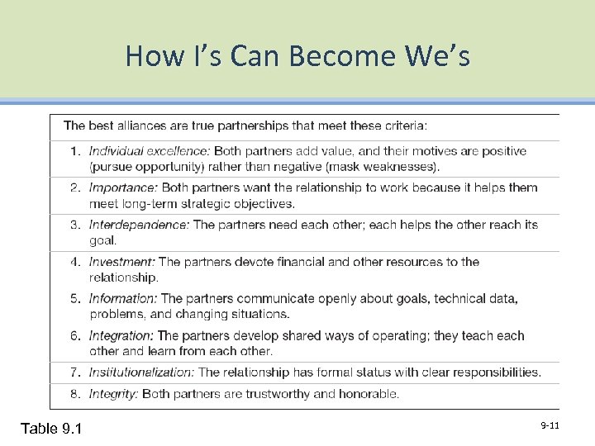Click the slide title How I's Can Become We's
coord(297,56)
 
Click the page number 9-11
coord(550,425)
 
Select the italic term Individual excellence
coord(150,151)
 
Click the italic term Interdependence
coord(139,225)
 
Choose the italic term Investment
coord(121,262)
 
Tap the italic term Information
coord(123,298)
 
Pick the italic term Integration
coord(121,335)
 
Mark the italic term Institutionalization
coord(142,372)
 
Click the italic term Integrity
coord(114,394)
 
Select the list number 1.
coord(74,151)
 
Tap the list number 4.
coord(74,262)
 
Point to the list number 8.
coord(74,394)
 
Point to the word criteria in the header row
coord(402,126)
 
